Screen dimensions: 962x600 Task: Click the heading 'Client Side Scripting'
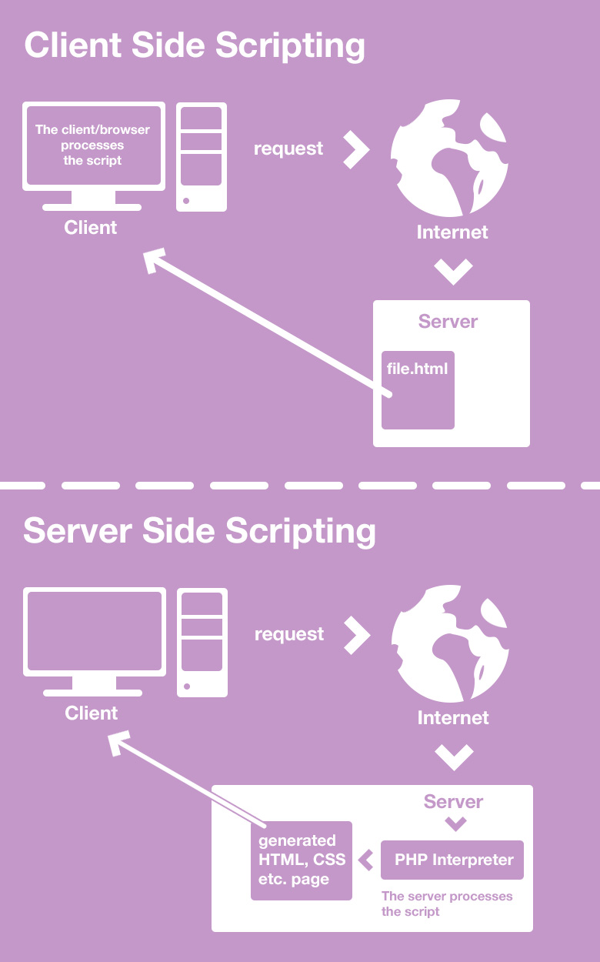pyautogui.click(x=195, y=45)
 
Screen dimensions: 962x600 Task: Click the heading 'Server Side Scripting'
pyautogui.click(x=199, y=531)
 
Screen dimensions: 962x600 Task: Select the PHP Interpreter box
pyautogui.click(x=452, y=860)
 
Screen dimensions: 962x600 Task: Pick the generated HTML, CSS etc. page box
pyautogui.click(x=302, y=860)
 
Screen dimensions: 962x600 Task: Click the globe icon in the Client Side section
pyautogui.click(x=449, y=159)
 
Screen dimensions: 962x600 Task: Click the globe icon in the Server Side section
pyautogui.click(x=450, y=643)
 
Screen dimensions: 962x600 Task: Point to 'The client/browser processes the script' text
pyautogui.click(x=92, y=145)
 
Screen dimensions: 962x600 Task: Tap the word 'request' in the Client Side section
pyautogui.click(x=288, y=149)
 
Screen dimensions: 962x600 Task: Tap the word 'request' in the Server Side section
pyautogui.click(x=289, y=634)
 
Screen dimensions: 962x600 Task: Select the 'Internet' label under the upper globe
pyautogui.click(x=452, y=232)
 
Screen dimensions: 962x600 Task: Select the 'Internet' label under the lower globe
pyautogui.click(x=453, y=717)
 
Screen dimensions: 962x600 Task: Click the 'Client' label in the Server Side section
pyautogui.click(x=92, y=713)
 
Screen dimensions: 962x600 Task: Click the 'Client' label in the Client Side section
pyautogui.click(x=91, y=227)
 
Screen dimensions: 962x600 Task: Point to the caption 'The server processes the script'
pyautogui.click(x=446, y=904)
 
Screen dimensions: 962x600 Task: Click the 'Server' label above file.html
pyautogui.click(x=448, y=321)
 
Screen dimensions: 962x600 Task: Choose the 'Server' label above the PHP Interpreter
pyautogui.click(x=453, y=801)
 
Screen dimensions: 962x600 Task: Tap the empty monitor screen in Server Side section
pyautogui.click(x=95, y=632)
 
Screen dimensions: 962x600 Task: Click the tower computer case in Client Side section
pyautogui.click(x=202, y=156)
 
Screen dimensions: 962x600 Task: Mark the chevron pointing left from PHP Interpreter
pyautogui.click(x=367, y=860)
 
